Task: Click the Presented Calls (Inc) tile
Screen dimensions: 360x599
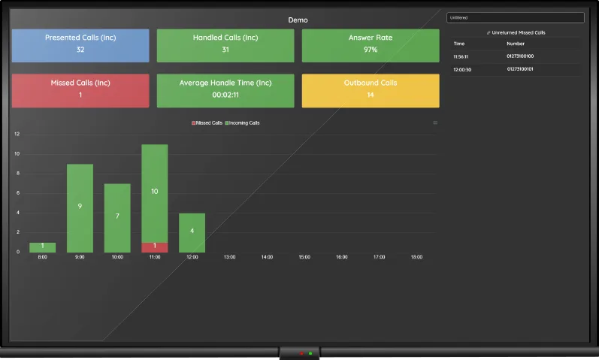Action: click(80, 46)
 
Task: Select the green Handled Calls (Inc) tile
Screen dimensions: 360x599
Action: click(226, 46)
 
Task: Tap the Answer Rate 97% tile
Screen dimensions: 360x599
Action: click(371, 46)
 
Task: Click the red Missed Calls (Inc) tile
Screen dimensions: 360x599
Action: click(80, 90)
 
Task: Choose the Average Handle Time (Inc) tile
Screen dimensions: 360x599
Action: click(226, 90)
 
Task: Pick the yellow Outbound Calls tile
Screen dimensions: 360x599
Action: click(371, 90)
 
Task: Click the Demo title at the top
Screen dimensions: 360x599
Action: click(298, 20)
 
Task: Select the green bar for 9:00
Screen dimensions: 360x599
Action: click(80, 207)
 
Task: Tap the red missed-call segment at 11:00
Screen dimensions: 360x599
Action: click(155, 247)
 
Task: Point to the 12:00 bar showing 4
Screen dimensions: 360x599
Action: click(192, 232)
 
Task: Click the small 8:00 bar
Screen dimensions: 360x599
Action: click(43, 247)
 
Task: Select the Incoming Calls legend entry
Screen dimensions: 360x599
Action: click(242, 123)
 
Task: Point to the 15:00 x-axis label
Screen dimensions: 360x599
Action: click(304, 257)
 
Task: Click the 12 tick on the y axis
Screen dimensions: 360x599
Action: click(17, 134)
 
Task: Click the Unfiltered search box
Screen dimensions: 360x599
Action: click(514, 17)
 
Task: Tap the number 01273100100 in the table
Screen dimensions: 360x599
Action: click(520, 56)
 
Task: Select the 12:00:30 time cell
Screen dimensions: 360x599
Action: click(462, 69)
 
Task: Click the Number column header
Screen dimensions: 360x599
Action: click(516, 44)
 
